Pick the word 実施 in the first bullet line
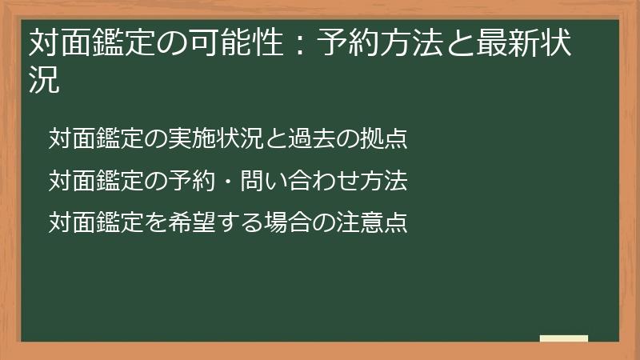point(192,138)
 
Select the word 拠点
point(383,138)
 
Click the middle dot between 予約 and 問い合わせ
point(228,181)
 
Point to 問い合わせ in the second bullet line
point(299,181)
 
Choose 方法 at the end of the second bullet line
point(383,181)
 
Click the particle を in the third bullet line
point(156,223)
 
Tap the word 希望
point(192,223)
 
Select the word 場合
point(288,223)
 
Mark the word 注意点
point(371,223)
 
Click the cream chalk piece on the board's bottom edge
point(564,338)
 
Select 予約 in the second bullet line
point(192,181)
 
